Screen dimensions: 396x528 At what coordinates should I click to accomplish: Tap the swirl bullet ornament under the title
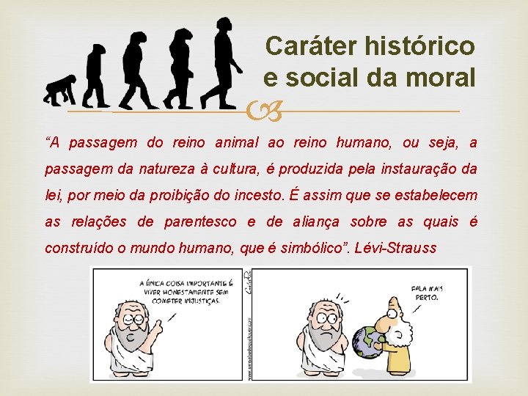264,111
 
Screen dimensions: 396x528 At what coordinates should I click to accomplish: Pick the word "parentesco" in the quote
202,221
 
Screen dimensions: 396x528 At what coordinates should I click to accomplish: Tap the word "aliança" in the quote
318,221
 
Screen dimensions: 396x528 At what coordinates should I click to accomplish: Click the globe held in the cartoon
368,342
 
